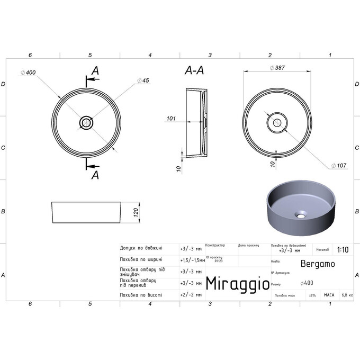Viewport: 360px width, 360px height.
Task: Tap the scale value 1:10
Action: point(342,250)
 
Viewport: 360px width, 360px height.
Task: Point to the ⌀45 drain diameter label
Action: point(143,80)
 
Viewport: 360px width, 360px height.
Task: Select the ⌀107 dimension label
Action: point(339,166)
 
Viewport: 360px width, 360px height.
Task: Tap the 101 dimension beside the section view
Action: point(170,119)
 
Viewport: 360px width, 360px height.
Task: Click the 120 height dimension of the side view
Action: point(136,212)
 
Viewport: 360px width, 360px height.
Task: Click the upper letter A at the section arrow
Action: point(95,70)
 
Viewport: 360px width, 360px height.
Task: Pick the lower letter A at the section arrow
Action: point(95,175)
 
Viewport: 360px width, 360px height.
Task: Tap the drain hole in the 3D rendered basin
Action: point(301,215)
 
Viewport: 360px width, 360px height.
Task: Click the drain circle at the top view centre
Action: point(86,123)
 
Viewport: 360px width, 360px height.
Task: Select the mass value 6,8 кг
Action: point(347,295)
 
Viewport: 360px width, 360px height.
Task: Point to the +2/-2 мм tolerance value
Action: point(191,294)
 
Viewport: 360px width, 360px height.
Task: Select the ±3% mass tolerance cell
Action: point(312,295)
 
